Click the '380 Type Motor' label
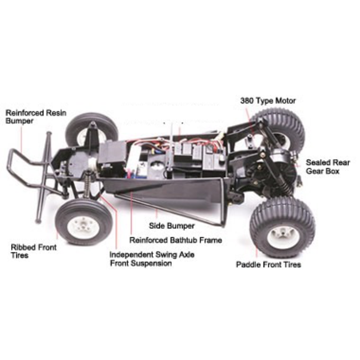268,101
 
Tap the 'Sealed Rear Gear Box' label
327,167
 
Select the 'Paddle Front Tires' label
269,264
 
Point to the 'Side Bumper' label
172,226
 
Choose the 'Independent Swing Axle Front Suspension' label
148,259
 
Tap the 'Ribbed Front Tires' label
33,251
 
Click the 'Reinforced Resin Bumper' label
35,116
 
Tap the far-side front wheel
91,131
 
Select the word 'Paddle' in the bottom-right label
249,264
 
